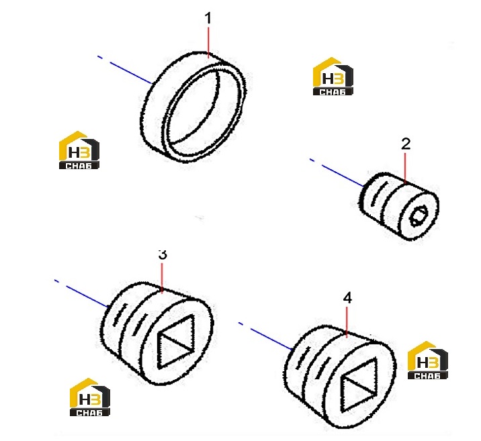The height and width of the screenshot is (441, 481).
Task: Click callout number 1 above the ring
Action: tap(208, 18)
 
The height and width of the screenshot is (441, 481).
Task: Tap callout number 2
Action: tap(406, 144)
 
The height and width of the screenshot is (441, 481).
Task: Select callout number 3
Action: tap(163, 254)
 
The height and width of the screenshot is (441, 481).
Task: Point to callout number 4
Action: tap(347, 298)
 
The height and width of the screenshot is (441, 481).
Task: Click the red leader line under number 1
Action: tap(209, 42)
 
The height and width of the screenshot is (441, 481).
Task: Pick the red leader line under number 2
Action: tap(405, 168)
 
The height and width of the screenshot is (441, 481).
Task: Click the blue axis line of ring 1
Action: tap(125, 70)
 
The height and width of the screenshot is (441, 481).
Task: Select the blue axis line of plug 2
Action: tap(337, 173)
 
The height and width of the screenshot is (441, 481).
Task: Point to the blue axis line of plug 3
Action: tap(82, 293)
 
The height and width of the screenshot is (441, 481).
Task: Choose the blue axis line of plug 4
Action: tap(265, 336)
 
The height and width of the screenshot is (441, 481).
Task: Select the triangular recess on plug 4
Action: tap(359, 385)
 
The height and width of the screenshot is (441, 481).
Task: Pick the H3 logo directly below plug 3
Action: tap(89, 397)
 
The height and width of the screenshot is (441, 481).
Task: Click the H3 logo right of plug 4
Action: tap(428, 360)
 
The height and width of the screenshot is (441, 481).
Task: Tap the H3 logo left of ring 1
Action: tap(79, 150)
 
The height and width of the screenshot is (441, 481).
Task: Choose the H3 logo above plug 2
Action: tap(333, 77)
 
